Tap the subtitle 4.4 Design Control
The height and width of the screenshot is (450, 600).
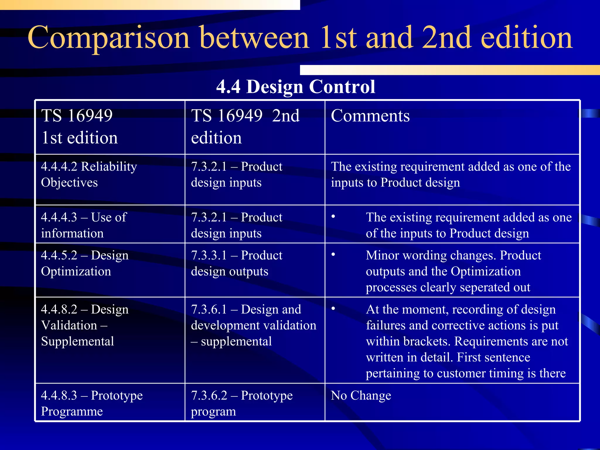pyautogui.click(x=296, y=87)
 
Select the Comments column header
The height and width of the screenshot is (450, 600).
pyautogui.click(x=370, y=116)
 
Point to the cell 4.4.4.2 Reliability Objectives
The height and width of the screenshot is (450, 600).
pyautogui.click(x=89, y=175)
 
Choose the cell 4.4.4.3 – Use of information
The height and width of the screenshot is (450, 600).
pyautogui.click(x=84, y=225)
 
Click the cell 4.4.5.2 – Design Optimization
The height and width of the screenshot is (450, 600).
pyautogui.click(x=85, y=263)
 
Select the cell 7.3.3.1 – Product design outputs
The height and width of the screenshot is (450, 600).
pyautogui.click(x=236, y=263)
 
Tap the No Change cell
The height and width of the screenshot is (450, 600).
pyautogui.click(x=361, y=396)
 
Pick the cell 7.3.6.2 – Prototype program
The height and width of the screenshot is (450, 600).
pyautogui.click(x=242, y=403)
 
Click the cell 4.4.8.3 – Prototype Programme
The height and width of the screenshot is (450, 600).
pyautogui.click(x=92, y=403)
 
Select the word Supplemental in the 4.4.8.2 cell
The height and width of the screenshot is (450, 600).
pyautogui.click(x=77, y=342)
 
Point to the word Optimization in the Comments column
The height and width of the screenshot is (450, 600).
pyautogui.click(x=485, y=271)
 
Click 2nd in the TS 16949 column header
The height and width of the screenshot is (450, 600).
pyautogui.click(x=286, y=116)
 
